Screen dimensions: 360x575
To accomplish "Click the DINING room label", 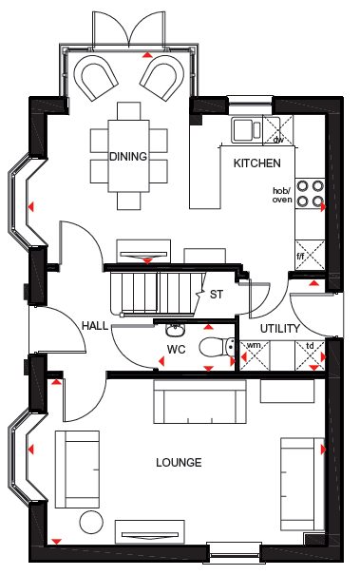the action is click(128, 156).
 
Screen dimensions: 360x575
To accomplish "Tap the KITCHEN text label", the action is click(257, 163).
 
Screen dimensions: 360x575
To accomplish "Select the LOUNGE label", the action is click(179, 463).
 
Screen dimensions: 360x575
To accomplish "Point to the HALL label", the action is click(95, 326).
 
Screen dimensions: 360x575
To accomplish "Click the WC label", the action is click(177, 350).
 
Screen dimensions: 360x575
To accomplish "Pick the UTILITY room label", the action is click(279, 329).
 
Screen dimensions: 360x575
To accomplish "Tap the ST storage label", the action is click(217, 294).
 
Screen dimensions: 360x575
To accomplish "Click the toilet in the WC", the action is click(217, 347).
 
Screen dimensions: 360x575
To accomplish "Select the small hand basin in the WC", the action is click(176, 330).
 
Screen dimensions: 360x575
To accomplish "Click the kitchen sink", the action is click(247, 129).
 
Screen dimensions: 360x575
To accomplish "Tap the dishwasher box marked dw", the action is click(278, 130).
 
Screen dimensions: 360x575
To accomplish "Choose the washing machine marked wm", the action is click(255, 355).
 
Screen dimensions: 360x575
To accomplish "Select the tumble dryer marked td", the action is click(310, 355).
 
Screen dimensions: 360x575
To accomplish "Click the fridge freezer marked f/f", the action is click(310, 256).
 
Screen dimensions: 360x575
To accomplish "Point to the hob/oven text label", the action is click(282, 195).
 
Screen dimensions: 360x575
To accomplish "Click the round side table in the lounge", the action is click(91, 522).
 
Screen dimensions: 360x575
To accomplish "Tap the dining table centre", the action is click(128, 156).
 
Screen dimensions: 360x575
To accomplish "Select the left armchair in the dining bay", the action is click(96, 78).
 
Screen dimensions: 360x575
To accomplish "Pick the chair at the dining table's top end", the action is click(128, 111).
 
